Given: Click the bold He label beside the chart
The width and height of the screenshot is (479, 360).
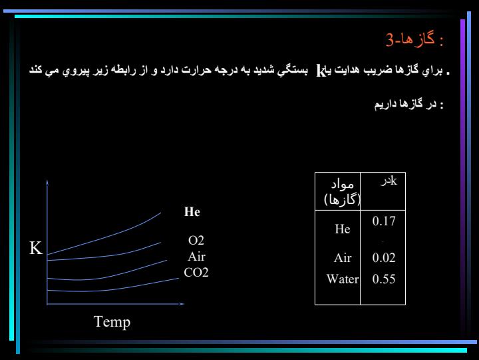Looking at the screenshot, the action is tap(192, 211).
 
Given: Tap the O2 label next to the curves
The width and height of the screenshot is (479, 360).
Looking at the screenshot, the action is tap(196, 241).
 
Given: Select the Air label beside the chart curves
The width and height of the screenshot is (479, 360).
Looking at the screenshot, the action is tap(197, 257).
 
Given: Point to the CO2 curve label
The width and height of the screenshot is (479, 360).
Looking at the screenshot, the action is tap(196, 273).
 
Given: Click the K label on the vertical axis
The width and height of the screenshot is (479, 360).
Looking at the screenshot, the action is tap(36, 247).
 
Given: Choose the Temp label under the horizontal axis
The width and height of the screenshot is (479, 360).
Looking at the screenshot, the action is tap(112, 322).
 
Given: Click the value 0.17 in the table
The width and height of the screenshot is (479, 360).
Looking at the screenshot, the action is tap(384, 221).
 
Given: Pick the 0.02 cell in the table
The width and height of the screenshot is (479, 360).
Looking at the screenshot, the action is tap(384, 258).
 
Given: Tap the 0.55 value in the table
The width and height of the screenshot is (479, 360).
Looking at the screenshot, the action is tap(384, 279).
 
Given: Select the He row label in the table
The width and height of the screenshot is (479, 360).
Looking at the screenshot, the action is tap(343, 229).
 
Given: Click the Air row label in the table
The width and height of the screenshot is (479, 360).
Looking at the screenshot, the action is tap(343, 258).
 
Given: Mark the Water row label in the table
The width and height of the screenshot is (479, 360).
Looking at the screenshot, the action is tap(343, 279).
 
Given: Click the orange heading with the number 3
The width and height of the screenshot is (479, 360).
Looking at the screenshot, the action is tap(414, 39).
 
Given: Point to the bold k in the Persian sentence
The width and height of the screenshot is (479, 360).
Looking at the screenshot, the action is tap(321, 71).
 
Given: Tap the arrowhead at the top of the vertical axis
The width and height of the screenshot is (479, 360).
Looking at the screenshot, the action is tap(47, 183).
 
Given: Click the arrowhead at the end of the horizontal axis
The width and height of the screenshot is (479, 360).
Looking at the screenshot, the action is tap(182, 304).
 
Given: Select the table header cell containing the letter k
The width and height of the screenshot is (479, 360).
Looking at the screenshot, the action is tap(383, 191).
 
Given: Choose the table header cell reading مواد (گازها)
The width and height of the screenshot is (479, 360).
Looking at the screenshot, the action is tap(337, 191).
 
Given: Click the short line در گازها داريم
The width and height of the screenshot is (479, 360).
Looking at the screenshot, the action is tap(409, 105).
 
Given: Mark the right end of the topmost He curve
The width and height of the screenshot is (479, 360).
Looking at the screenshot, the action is tap(161, 213).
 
